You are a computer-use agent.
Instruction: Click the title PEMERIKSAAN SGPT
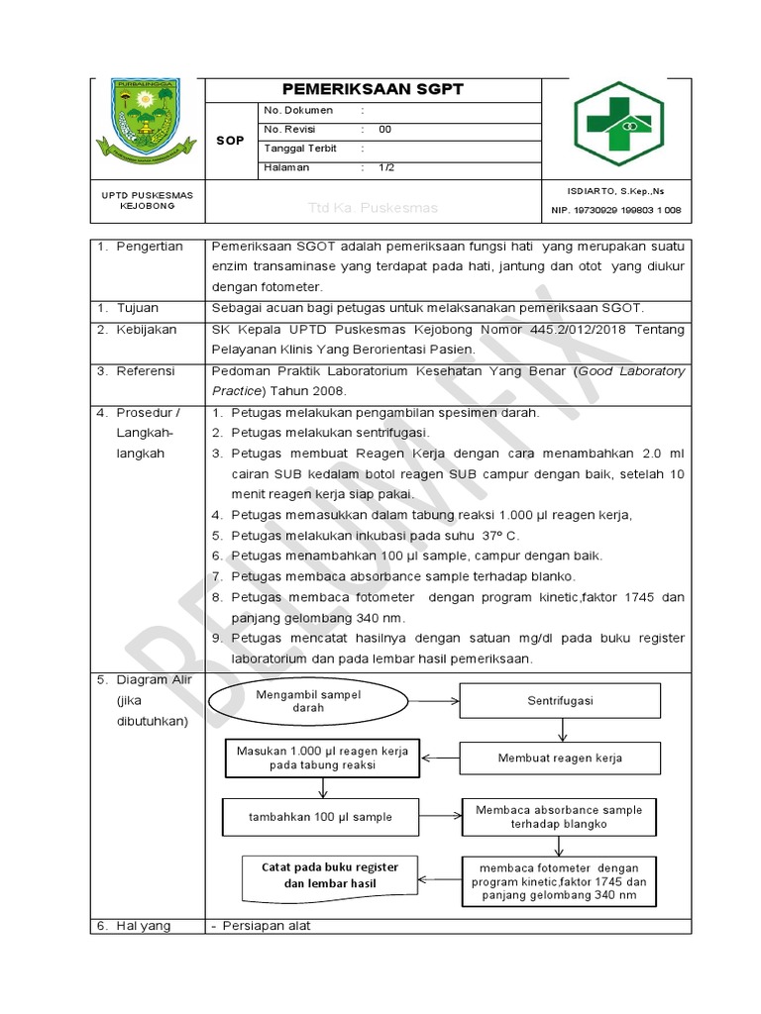coord(373,89)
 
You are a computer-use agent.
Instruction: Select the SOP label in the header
coord(230,141)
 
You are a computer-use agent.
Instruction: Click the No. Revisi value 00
coord(384,130)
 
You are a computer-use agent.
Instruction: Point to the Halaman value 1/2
coord(385,168)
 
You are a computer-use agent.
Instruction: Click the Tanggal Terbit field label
coord(300,149)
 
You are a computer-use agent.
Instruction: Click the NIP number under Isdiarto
coord(615,210)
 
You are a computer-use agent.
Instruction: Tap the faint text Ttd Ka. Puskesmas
coord(373,209)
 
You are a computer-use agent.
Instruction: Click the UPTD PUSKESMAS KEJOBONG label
coord(147,200)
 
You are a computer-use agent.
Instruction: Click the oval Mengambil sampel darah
coord(308,701)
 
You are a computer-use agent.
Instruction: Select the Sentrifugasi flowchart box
coord(560,701)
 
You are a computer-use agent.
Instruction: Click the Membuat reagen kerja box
coord(560,759)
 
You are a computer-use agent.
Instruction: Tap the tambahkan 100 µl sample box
coord(320,817)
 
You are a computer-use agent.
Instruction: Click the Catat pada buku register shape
coord(330,876)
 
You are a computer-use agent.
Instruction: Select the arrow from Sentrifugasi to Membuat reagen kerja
coord(562,730)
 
